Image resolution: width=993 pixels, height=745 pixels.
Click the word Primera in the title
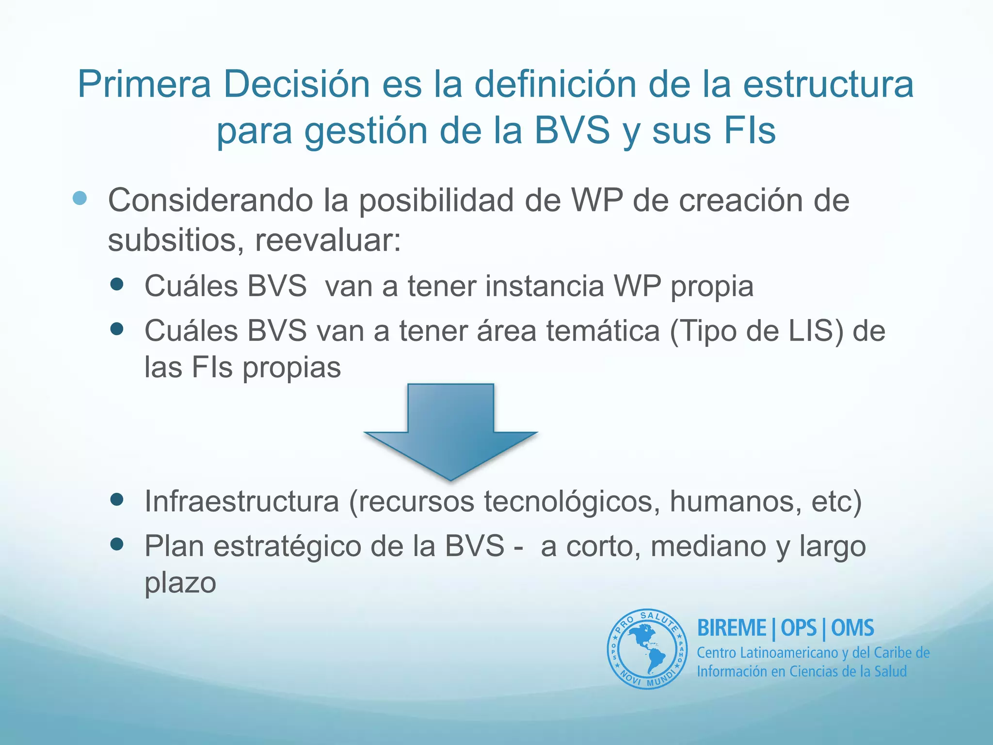point(144,84)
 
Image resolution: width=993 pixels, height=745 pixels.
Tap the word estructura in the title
point(828,84)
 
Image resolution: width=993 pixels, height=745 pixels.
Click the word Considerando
point(210,200)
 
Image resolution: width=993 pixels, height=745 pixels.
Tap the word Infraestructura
point(241,501)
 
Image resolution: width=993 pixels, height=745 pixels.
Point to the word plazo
point(180,583)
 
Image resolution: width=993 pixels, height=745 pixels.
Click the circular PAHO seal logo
point(647,649)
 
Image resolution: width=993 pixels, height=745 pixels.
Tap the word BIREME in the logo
point(731,628)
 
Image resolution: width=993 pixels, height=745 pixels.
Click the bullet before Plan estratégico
point(117,544)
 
